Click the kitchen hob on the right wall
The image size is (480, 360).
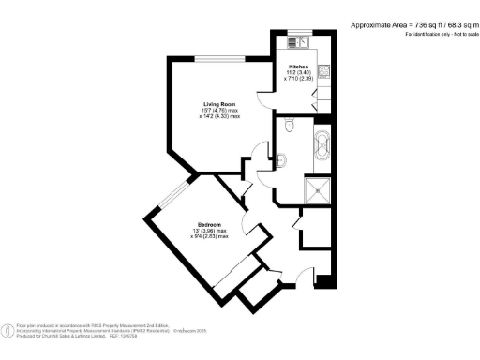click(323, 68)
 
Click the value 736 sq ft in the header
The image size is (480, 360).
click(411, 24)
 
